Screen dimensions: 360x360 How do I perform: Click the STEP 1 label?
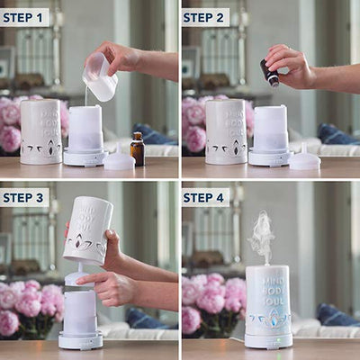(x=22, y=18)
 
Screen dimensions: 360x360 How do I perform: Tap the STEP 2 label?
(x=203, y=18)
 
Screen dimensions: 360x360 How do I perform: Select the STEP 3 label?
(x=23, y=198)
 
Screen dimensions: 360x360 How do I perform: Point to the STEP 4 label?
(x=203, y=198)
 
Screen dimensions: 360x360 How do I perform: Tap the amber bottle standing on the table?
(x=137, y=148)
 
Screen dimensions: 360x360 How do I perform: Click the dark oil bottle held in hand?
(x=268, y=73)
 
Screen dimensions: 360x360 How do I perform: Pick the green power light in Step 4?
(x=278, y=340)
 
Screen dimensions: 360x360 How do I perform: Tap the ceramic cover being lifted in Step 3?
(x=88, y=230)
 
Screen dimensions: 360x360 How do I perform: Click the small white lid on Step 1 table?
(x=120, y=158)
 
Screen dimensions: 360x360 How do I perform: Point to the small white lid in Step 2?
(x=304, y=158)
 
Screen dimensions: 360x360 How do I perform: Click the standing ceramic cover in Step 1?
(x=40, y=132)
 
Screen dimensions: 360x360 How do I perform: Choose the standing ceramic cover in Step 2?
(x=226, y=132)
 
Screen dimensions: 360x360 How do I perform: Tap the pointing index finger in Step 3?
(x=90, y=280)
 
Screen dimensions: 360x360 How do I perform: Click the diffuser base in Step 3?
(x=80, y=341)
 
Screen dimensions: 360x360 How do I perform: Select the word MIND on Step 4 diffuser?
(x=273, y=282)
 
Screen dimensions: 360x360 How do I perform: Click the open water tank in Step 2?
(x=271, y=129)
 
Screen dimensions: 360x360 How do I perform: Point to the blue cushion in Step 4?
(x=337, y=317)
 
